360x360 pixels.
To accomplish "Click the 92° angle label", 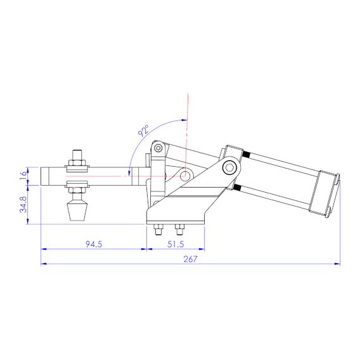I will click(144, 132).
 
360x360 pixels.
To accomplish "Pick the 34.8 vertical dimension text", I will click(23, 204).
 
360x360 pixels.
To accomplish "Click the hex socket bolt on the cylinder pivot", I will click(230, 169).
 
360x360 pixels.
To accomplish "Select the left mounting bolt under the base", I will click(158, 229).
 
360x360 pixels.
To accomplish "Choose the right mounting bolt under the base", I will click(179, 229).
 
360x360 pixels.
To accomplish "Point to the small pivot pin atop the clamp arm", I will click(157, 149).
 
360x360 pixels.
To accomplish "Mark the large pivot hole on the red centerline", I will click(185, 175).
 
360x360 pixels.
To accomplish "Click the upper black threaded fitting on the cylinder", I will click(246, 155).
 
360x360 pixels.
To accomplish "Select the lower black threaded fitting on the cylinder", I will click(238, 188).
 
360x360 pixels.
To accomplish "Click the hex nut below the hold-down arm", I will click(77, 187).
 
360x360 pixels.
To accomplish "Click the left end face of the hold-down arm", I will click(42, 176).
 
